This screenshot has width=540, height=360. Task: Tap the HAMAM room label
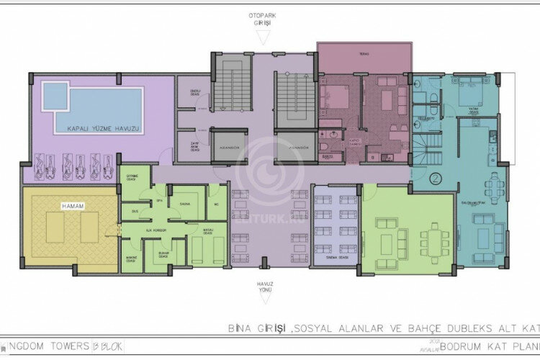[73, 207]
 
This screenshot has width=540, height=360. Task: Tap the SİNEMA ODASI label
[336, 256]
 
